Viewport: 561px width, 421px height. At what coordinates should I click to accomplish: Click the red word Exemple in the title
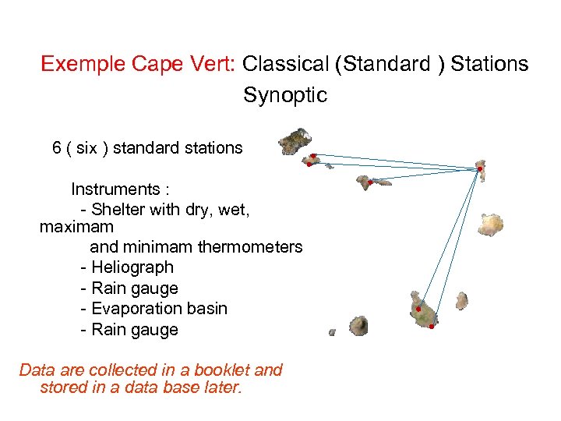(x=76, y=64)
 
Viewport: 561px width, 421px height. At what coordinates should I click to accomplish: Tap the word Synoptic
(x=285, y=95)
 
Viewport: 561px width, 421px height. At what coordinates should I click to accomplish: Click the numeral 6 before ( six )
(x=57, y=147)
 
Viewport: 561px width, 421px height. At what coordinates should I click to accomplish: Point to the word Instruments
(x=115, y=189)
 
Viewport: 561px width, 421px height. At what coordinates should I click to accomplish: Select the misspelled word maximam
(x=76, y=228)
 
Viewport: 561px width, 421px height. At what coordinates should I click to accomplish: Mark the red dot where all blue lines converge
(x=480, y=168)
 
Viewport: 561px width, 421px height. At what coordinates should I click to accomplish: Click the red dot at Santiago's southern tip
(x=431, y=327)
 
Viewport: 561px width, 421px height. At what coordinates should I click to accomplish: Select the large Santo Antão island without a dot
(x=296, y=141)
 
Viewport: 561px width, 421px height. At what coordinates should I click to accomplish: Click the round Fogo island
(x=358, y=325)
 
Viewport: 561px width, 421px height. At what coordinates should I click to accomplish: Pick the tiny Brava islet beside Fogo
(x=332, y=332)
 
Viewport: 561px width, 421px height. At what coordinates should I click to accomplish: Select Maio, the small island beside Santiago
(x=461, y=300)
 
